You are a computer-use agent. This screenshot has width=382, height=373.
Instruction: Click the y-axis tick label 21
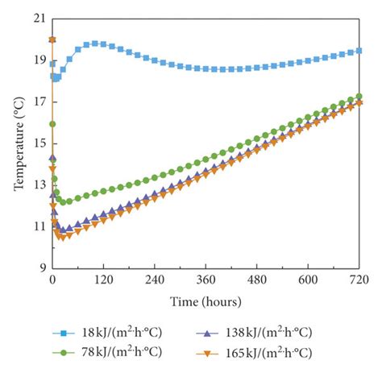coord(38,18)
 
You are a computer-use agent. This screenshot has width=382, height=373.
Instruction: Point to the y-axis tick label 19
coord(38,60)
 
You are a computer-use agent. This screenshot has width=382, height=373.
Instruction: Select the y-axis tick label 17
coord(38,102)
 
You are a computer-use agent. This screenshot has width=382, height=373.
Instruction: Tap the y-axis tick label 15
coord(38,143)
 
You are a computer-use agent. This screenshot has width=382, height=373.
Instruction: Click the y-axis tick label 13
coord(38,185)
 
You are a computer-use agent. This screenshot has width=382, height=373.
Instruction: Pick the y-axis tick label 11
coord(38,227)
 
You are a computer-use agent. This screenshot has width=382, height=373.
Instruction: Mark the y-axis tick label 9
coord(40,269)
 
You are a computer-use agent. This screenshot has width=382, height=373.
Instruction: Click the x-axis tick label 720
coord(358,280)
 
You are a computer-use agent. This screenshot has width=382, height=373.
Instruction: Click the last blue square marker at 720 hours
coord(359,50)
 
